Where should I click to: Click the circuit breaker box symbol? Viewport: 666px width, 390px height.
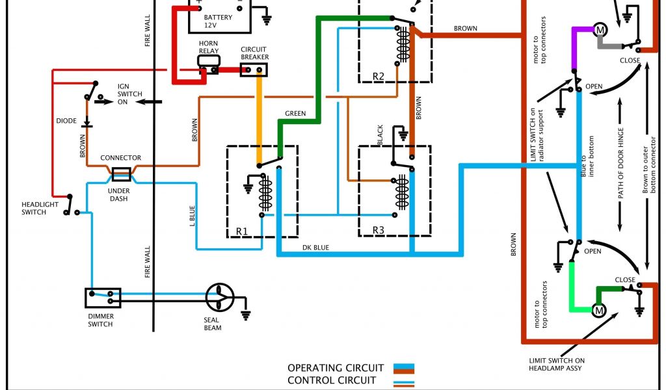tap(254, 69)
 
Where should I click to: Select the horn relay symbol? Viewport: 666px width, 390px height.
tap(209, 61)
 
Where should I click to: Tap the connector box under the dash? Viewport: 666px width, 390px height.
tap(122, 174)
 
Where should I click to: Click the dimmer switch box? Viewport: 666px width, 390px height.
tap(103, 298)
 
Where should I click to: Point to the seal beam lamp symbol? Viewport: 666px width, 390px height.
tap(219, 298)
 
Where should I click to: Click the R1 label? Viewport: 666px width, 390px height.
tap(242, 230)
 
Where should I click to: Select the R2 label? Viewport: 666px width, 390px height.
tap(379, 76)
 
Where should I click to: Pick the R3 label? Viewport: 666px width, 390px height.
tap(379, 230)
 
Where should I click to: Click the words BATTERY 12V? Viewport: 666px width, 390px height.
tap(218, 21)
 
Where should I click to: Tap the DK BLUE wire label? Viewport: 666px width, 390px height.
tap(316, 247)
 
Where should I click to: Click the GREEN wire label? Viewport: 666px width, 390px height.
tap(295, 114)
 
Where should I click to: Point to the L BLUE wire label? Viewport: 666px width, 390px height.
tap(191, 215)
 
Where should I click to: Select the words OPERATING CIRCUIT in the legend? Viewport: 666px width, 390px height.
tap(336, 368)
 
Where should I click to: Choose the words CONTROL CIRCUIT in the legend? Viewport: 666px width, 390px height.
tap(332, 380)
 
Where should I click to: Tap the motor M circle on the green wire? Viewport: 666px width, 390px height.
tap(598, 311)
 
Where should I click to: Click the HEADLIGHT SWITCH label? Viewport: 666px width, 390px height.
tap(40, 208)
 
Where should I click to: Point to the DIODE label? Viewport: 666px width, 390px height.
tap(66, 121)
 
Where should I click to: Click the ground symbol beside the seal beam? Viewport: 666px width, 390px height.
tap(246, 314)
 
